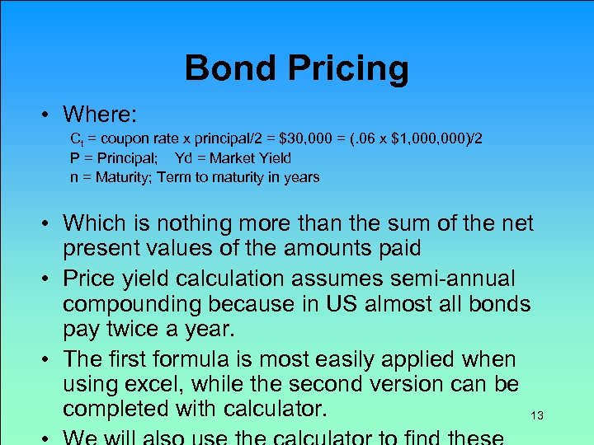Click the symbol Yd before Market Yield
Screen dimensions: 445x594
tap(185, 158)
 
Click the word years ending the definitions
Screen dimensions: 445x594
tap(300, 177)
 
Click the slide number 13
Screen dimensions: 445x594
tap(537, 416)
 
